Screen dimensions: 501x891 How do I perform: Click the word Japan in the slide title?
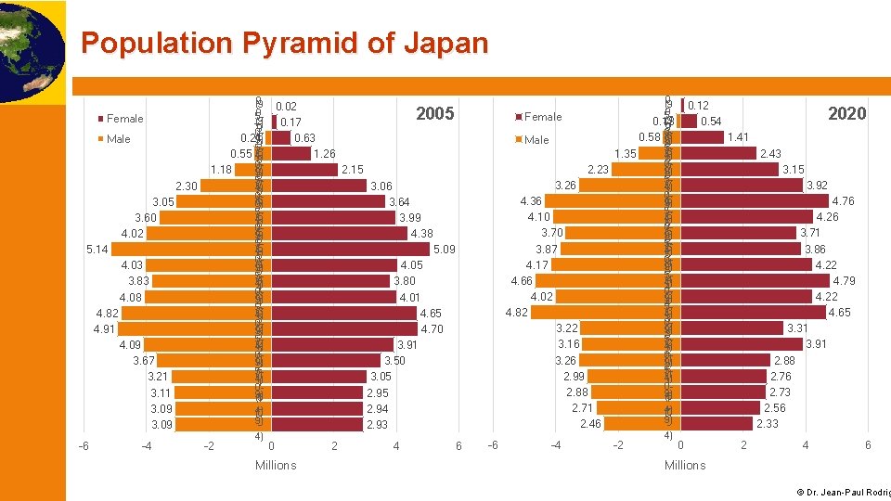443,43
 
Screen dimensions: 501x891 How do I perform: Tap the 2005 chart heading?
434,114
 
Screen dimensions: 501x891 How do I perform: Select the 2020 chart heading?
846,114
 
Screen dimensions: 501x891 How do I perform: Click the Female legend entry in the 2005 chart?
124,119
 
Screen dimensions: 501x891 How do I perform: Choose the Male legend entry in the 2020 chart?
536,140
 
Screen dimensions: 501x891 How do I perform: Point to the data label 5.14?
97,250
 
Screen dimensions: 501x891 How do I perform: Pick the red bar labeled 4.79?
755,280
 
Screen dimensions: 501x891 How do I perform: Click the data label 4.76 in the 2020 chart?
844,201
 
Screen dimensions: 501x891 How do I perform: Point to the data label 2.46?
590,424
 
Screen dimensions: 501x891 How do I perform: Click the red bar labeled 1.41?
703,137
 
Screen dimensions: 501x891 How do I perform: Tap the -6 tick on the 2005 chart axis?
84,446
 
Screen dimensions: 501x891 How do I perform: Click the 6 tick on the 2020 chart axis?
867,445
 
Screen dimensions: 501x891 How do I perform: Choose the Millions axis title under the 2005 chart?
276,465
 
